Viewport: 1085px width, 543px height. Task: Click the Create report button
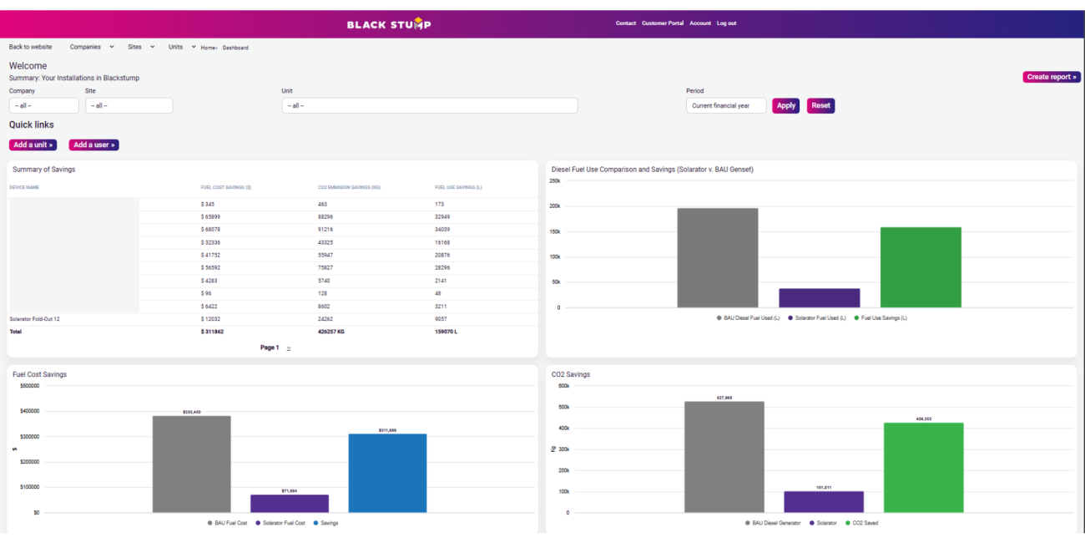(x=1052, y=77)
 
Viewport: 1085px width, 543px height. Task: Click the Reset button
(x=820, y=105)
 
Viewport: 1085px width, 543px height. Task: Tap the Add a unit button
(x=33, y=145)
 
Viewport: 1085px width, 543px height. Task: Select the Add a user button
(x=93, y=145)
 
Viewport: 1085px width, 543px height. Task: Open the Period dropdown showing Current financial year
(x=726, y=106)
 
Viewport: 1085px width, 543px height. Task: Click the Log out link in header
(x=726, y=23)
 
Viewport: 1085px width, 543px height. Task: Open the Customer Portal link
(x=663, y=23)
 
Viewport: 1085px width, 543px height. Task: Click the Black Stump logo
(x=389, y=23)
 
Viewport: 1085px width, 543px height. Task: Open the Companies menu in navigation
(x=91, y=47)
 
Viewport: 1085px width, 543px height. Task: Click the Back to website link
(x=30, y=47)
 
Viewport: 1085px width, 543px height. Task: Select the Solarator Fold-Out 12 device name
(x=34, y=319)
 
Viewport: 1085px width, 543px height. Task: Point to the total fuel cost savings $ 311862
(x=212, y=332)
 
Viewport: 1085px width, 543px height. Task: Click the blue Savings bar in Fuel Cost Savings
(x=387, y=473)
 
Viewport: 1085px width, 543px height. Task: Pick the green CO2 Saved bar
(x=923, y=468)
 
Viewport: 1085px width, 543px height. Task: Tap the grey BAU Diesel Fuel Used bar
(x=718, y=258)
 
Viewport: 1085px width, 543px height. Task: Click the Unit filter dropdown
(x=429, y=106)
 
